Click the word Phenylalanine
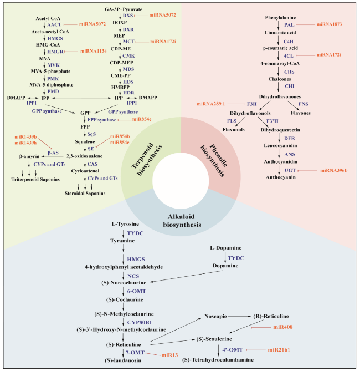point(280,18)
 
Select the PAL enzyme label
point(289,25)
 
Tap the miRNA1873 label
point(330,24)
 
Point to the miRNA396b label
point(334,170)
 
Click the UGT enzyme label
point(290,170)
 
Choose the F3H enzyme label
point(252,104)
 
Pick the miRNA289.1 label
point(211,104)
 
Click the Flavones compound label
point(301,113)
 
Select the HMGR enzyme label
point(55,52)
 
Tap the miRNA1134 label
point(94,51)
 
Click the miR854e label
point(142,119)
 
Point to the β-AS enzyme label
point(53,153)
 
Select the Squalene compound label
point(85,142)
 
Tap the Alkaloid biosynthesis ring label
point(182,221)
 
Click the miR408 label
point(283,327)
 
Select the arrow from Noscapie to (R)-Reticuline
point(239,316)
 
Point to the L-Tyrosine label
point(125,224)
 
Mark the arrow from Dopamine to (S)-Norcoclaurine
point(186,276)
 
